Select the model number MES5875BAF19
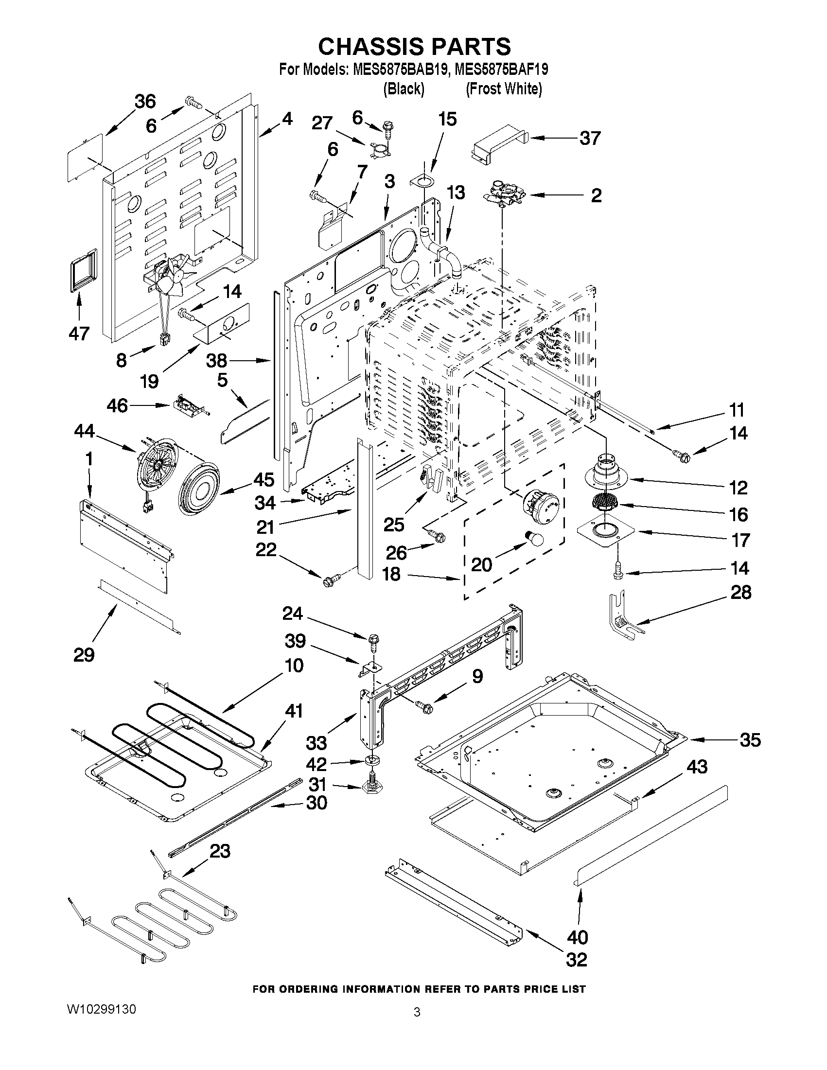501,70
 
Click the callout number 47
79,333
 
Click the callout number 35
750,740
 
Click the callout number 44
84,431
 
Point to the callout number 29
84,655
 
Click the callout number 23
219,851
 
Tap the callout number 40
577,937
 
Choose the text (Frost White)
504,88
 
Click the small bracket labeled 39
370,668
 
